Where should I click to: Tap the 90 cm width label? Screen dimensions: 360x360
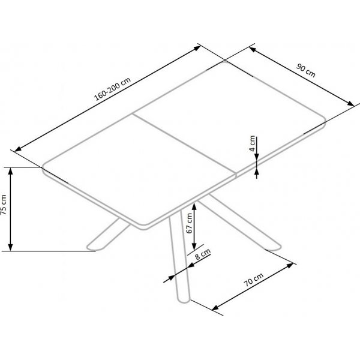(307, 73)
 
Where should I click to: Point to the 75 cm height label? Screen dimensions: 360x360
(5, 206)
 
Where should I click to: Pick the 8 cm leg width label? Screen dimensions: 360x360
(202, 258)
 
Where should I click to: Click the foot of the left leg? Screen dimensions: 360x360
(92, 246)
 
